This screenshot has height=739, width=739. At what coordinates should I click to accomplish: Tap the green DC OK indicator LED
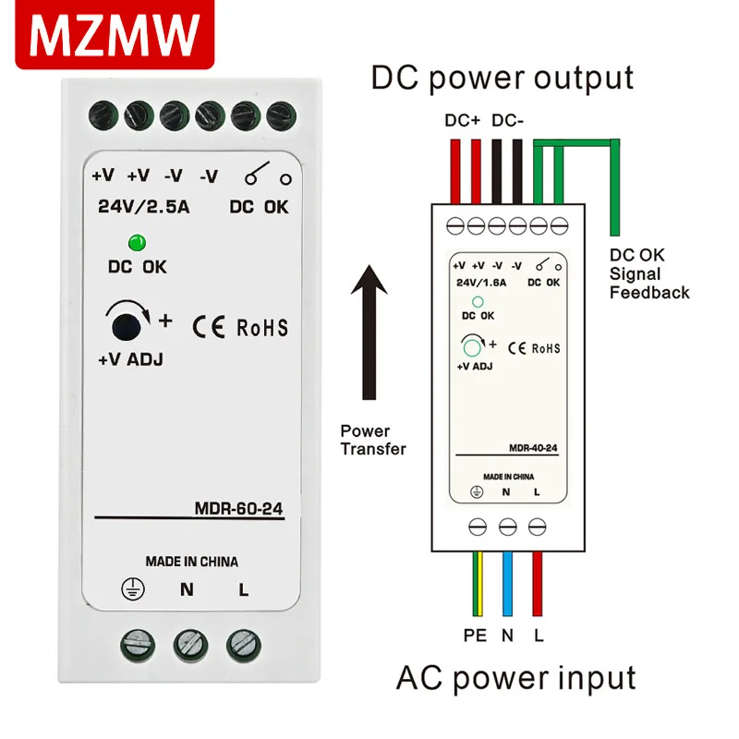point(137,244)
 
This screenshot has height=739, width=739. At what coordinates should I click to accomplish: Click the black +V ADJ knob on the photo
point(127,326)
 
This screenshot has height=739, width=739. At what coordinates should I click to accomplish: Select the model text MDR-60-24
point(238,507)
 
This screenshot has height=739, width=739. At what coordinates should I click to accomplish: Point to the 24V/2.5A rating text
point(143,207)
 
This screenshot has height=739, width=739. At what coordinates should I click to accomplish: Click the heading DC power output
point(503,78)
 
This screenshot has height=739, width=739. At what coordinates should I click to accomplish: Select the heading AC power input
point(516,678)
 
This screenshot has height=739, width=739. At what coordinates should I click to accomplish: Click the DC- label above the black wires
point(510,121)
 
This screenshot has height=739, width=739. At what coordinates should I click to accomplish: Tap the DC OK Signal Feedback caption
point(648,273)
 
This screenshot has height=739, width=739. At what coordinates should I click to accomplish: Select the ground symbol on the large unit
point(133,590)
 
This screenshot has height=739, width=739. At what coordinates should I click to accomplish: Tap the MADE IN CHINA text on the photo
point(191,561)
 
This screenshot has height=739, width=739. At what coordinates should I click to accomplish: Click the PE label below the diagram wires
point(475,636)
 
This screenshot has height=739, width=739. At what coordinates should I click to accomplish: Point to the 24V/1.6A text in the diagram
point(481,284)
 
